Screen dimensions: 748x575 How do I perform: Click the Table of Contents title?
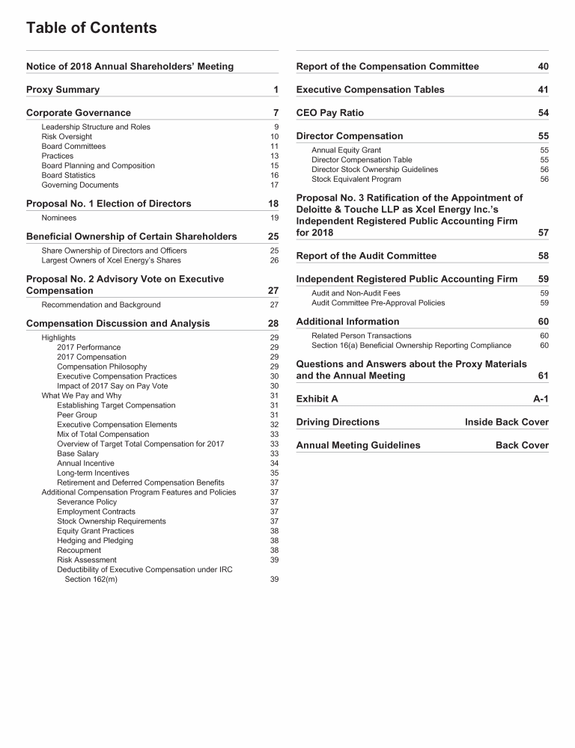point(91,28)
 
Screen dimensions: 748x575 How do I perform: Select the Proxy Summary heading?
point(63,90)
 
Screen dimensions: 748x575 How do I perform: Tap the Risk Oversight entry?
point(67,137)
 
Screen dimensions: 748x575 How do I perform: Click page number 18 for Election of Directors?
point(273,203)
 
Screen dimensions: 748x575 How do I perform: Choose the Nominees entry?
point(59,218)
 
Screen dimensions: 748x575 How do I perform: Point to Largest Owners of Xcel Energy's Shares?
point(111,260)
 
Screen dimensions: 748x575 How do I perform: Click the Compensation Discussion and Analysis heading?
point(118,323)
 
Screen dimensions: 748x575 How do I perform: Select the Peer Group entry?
point(77,415)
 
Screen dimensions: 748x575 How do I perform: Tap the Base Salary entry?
point(78,453)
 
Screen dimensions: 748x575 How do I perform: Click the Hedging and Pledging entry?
point(95,540)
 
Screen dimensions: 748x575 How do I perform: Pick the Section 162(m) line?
point(91,579)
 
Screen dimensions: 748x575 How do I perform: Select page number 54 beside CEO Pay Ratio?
point(544,113)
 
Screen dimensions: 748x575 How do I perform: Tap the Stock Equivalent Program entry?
point(356,179)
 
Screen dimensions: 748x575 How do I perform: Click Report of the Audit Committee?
point(366,256)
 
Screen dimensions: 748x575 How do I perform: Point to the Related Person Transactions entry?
point(362,336)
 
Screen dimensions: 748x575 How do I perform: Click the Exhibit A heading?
point(317,399)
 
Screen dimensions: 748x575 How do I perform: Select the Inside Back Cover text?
point(507,422)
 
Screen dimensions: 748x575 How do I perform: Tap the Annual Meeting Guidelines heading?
point(358,445)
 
